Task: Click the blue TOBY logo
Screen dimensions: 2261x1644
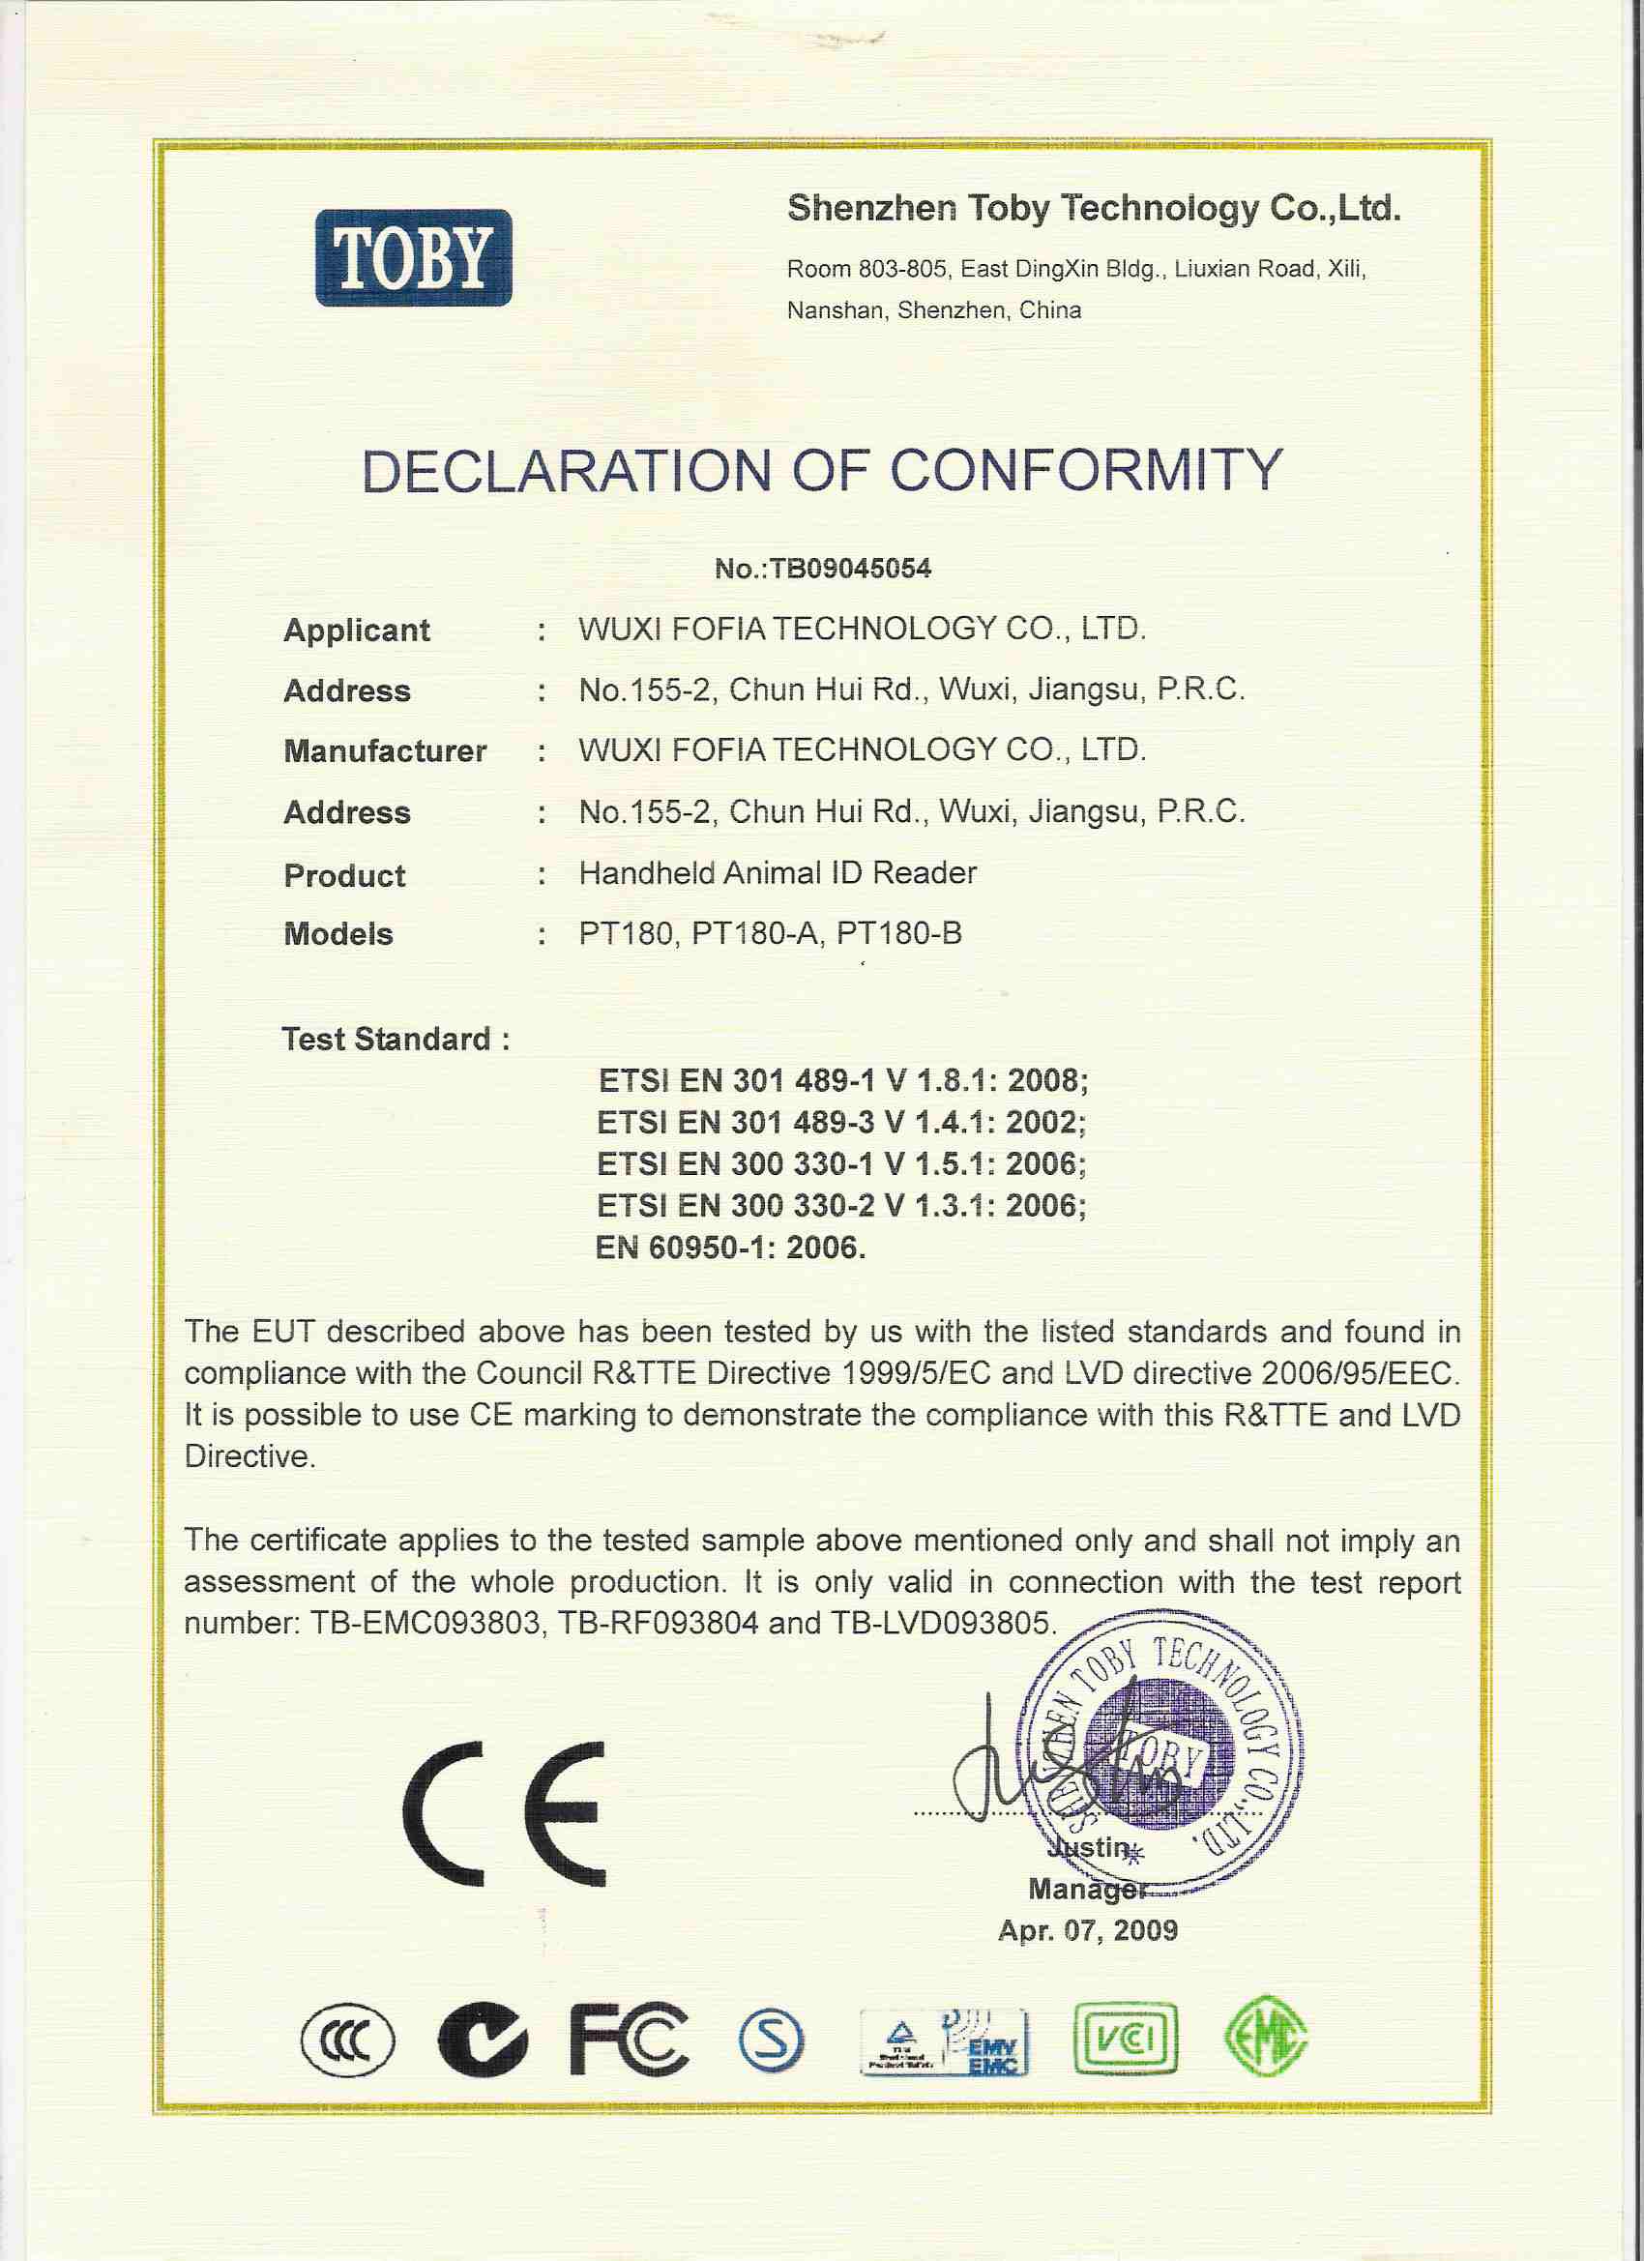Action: point(413,257)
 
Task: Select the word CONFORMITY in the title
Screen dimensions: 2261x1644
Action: point(1086,471)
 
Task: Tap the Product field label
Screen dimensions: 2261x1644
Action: point(344,875)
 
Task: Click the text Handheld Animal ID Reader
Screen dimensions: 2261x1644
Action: point(778,873)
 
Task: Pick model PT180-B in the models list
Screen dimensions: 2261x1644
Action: point(899,934)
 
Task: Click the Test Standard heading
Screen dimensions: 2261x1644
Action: point(396,1039)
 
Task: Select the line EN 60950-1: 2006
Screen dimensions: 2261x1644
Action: point(730,1248)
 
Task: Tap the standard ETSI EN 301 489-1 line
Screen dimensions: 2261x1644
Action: point(842,1080)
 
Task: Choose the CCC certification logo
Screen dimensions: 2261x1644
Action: point(348,2039)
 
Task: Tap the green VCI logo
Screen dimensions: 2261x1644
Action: point(1126,2039)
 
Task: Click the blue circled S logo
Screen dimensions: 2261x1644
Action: point(771,2039)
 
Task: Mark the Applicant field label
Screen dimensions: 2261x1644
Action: point(356,631)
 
